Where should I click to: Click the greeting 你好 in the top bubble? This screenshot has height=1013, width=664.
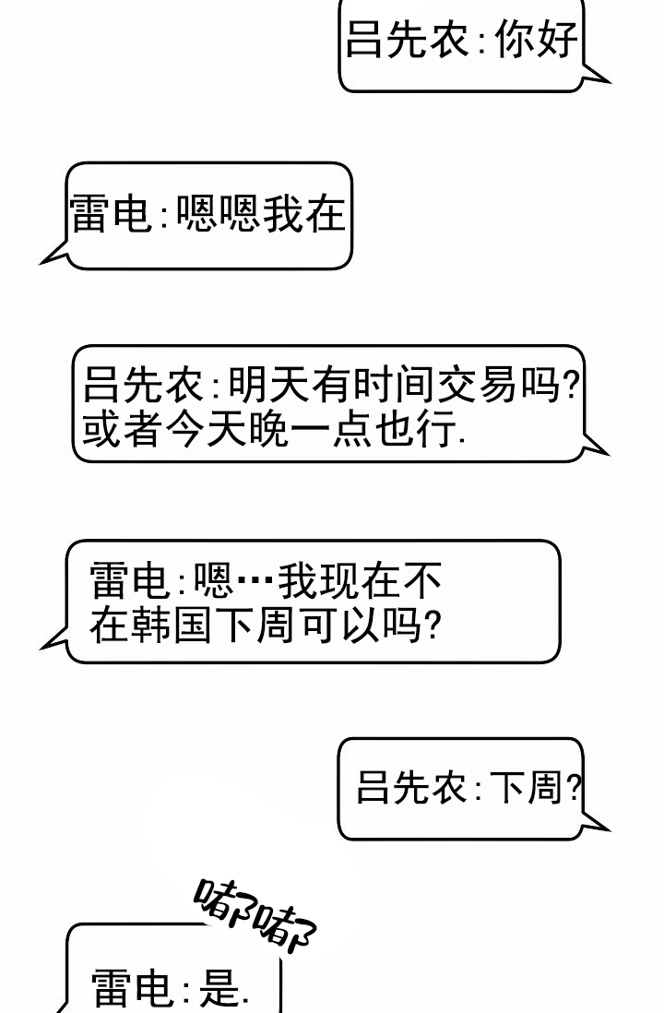pos(536,40)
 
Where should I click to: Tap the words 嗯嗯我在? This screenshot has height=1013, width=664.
pos(261,214)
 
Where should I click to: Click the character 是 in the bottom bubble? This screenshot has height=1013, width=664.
pos(219,986)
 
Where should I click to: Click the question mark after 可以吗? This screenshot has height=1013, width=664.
pos(433,625)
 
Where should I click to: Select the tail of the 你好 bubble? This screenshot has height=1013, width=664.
pos(594,75)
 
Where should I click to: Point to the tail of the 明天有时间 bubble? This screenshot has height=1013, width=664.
pos(594,445)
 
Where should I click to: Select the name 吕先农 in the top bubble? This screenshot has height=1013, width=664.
pos(407,40)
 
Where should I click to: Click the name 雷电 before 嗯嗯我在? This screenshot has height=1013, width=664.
pos(111,214)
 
